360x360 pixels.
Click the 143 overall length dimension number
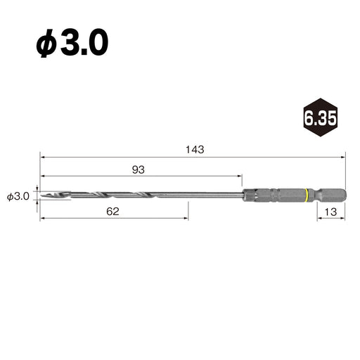195,149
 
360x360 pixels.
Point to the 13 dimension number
329,211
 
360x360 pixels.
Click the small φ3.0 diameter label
18,196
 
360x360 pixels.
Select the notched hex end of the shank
330,195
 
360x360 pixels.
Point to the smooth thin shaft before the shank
211,195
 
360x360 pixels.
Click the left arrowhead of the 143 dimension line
43,157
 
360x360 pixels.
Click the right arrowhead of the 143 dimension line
345,157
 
